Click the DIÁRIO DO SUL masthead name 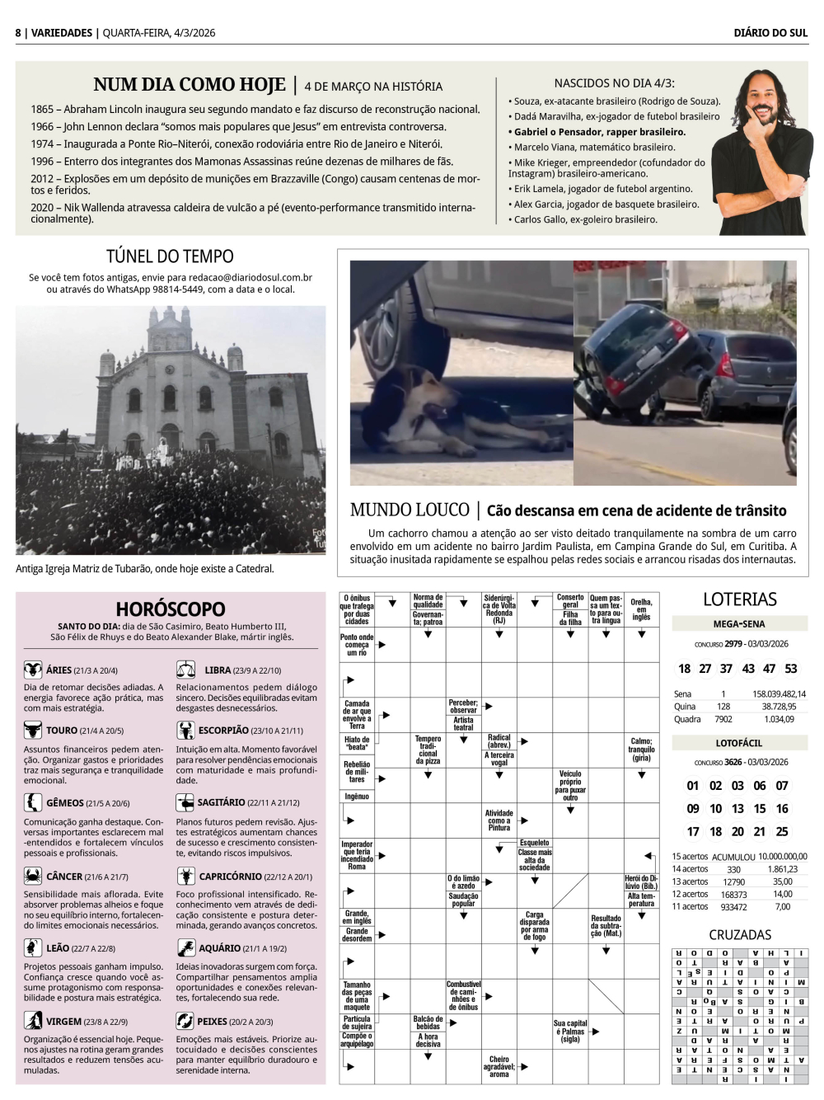(x=770, y=33)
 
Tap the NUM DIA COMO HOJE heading (x=190, y=85)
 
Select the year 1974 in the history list (x=42, y=143)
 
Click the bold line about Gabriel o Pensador (x=597, y=132)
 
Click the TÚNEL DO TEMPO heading (x=170, y=256)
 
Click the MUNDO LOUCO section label (x=409, y=510)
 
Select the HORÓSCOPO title (x=170, y=609)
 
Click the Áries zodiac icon (x=33, y=670)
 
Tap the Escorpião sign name (x=223, y=731)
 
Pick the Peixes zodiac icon (x=185, y=1021)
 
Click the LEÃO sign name (x=58, y=948)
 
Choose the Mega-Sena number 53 (x=791, y=669)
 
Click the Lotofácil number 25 (x=782, y=832)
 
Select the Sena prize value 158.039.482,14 (x=779, y=694)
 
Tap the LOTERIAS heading (x=739, y=599)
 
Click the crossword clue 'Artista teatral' (x=463, y=723)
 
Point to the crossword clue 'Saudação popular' (x=463, y=900)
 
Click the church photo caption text (x=144, y=569)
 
